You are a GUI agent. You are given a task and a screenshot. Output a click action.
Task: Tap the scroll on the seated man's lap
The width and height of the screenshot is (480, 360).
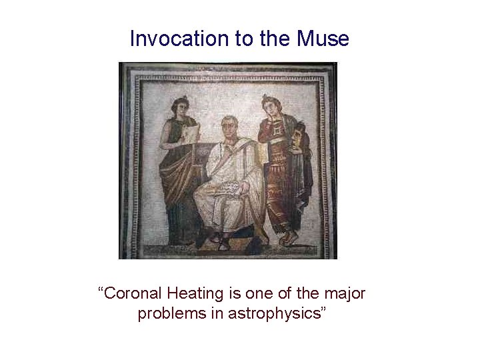224,190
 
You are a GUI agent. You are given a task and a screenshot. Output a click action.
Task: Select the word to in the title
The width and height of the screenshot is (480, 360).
244,39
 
